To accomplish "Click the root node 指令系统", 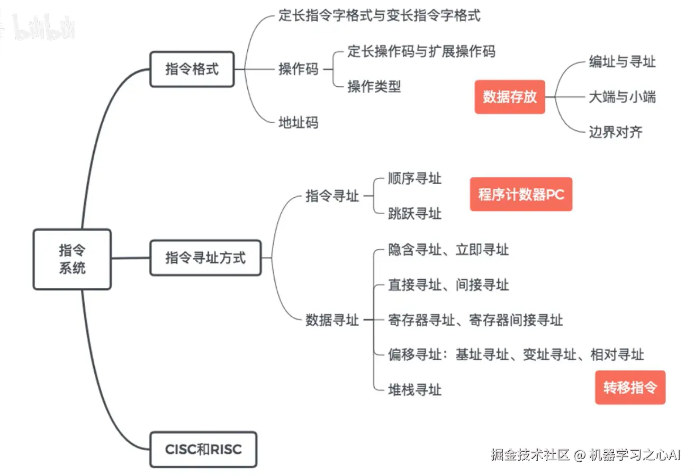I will click(x=72, y=259).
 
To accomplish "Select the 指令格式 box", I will click(x=192, y=69).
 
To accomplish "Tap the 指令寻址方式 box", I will click(x=205, y=258).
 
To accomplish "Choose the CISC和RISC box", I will click(x=203, y=450).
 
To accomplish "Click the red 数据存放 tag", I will click(x=509, y=97).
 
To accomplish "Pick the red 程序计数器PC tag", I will click(x=521, y=194).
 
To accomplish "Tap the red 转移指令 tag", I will click(x=629, y=387).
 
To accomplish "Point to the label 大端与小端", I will click(x=622, y=97).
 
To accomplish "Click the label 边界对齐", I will click(x=615, y=132).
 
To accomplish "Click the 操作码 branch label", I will click(x=299, y=69).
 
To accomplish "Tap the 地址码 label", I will click(x=299, y=123).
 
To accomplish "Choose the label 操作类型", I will click(x=374, y=86).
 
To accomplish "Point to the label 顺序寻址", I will click(x=414, y=178).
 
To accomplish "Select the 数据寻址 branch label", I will click(x=332, y=320).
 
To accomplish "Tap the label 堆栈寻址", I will click(x=414, y=390).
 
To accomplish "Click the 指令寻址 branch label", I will click(x=332, y=196).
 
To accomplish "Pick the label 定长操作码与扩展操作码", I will click(x=421, y=51).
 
